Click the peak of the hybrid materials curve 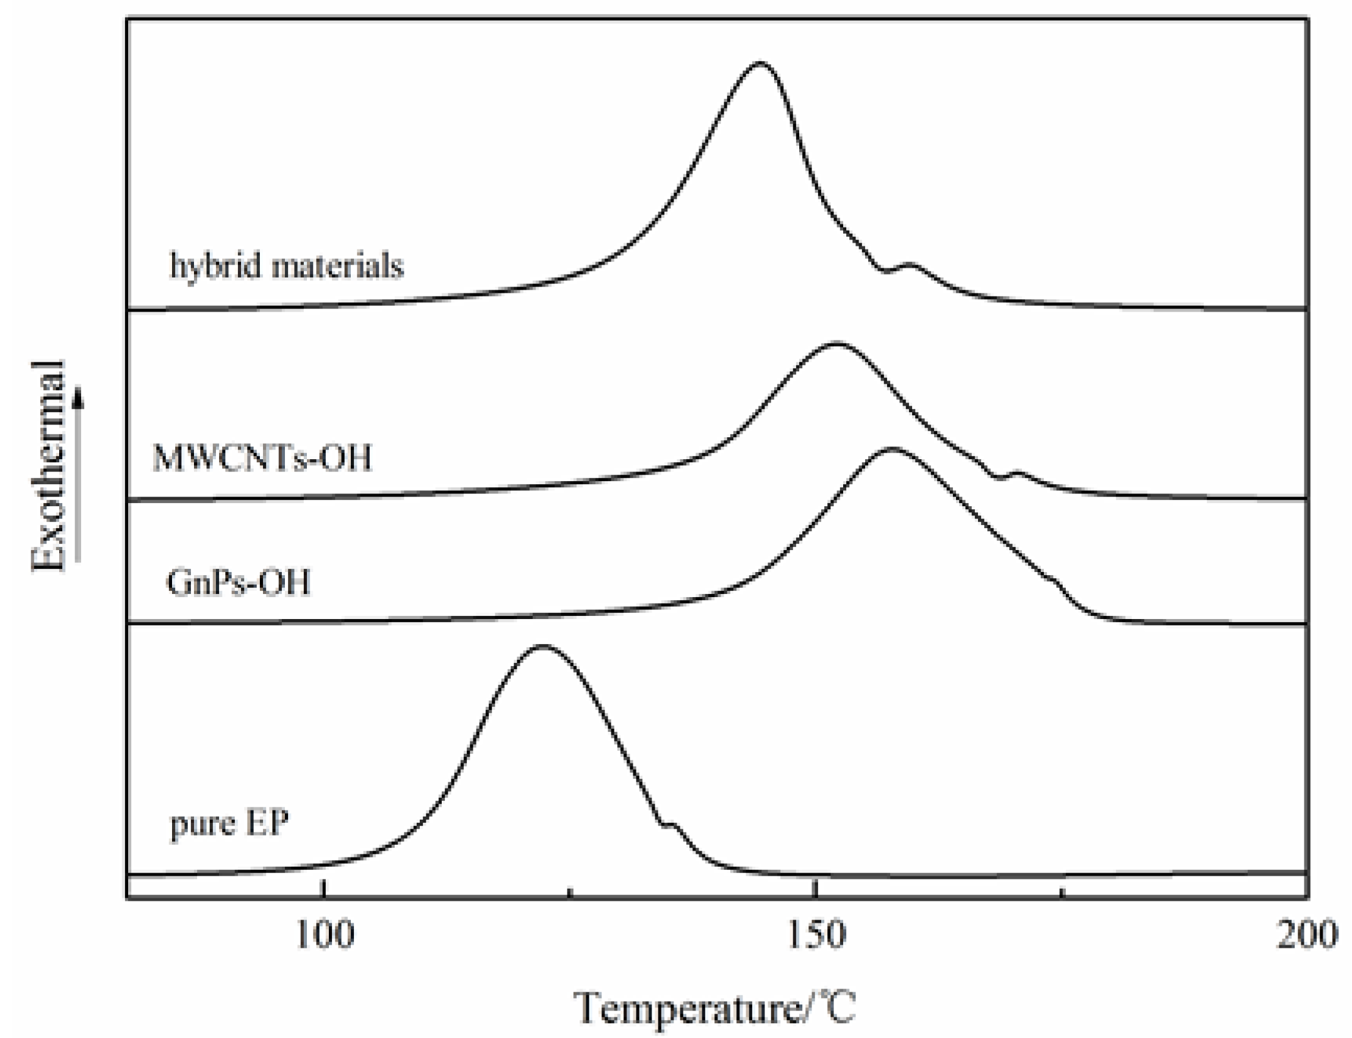pos(760,63)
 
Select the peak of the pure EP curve pos(542,646)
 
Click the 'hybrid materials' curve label pos(287,267)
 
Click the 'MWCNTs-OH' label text pos(262,459)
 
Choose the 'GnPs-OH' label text pos(239,582)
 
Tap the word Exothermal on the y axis pos(48,467)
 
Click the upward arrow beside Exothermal pos(78,476)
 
